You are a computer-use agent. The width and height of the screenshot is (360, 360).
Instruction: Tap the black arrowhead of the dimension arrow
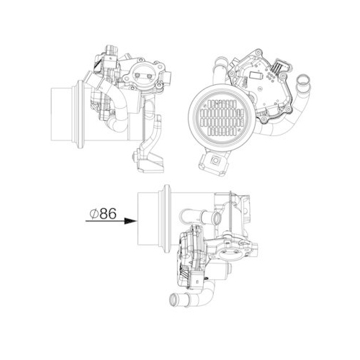pyautogui.click(x=132, y=222)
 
